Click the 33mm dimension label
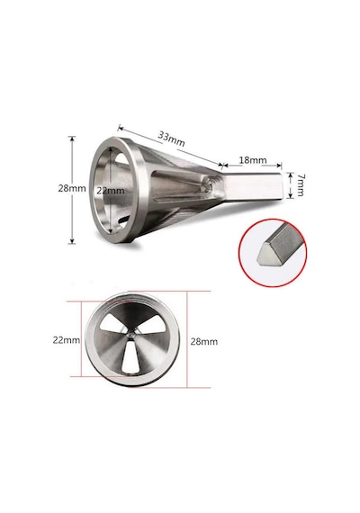point(172,139)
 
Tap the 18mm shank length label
point(253,160)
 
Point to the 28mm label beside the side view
point(72,188)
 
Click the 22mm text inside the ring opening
point(111,191)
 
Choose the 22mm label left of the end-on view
point(67,340)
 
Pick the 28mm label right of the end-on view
point(204,342)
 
